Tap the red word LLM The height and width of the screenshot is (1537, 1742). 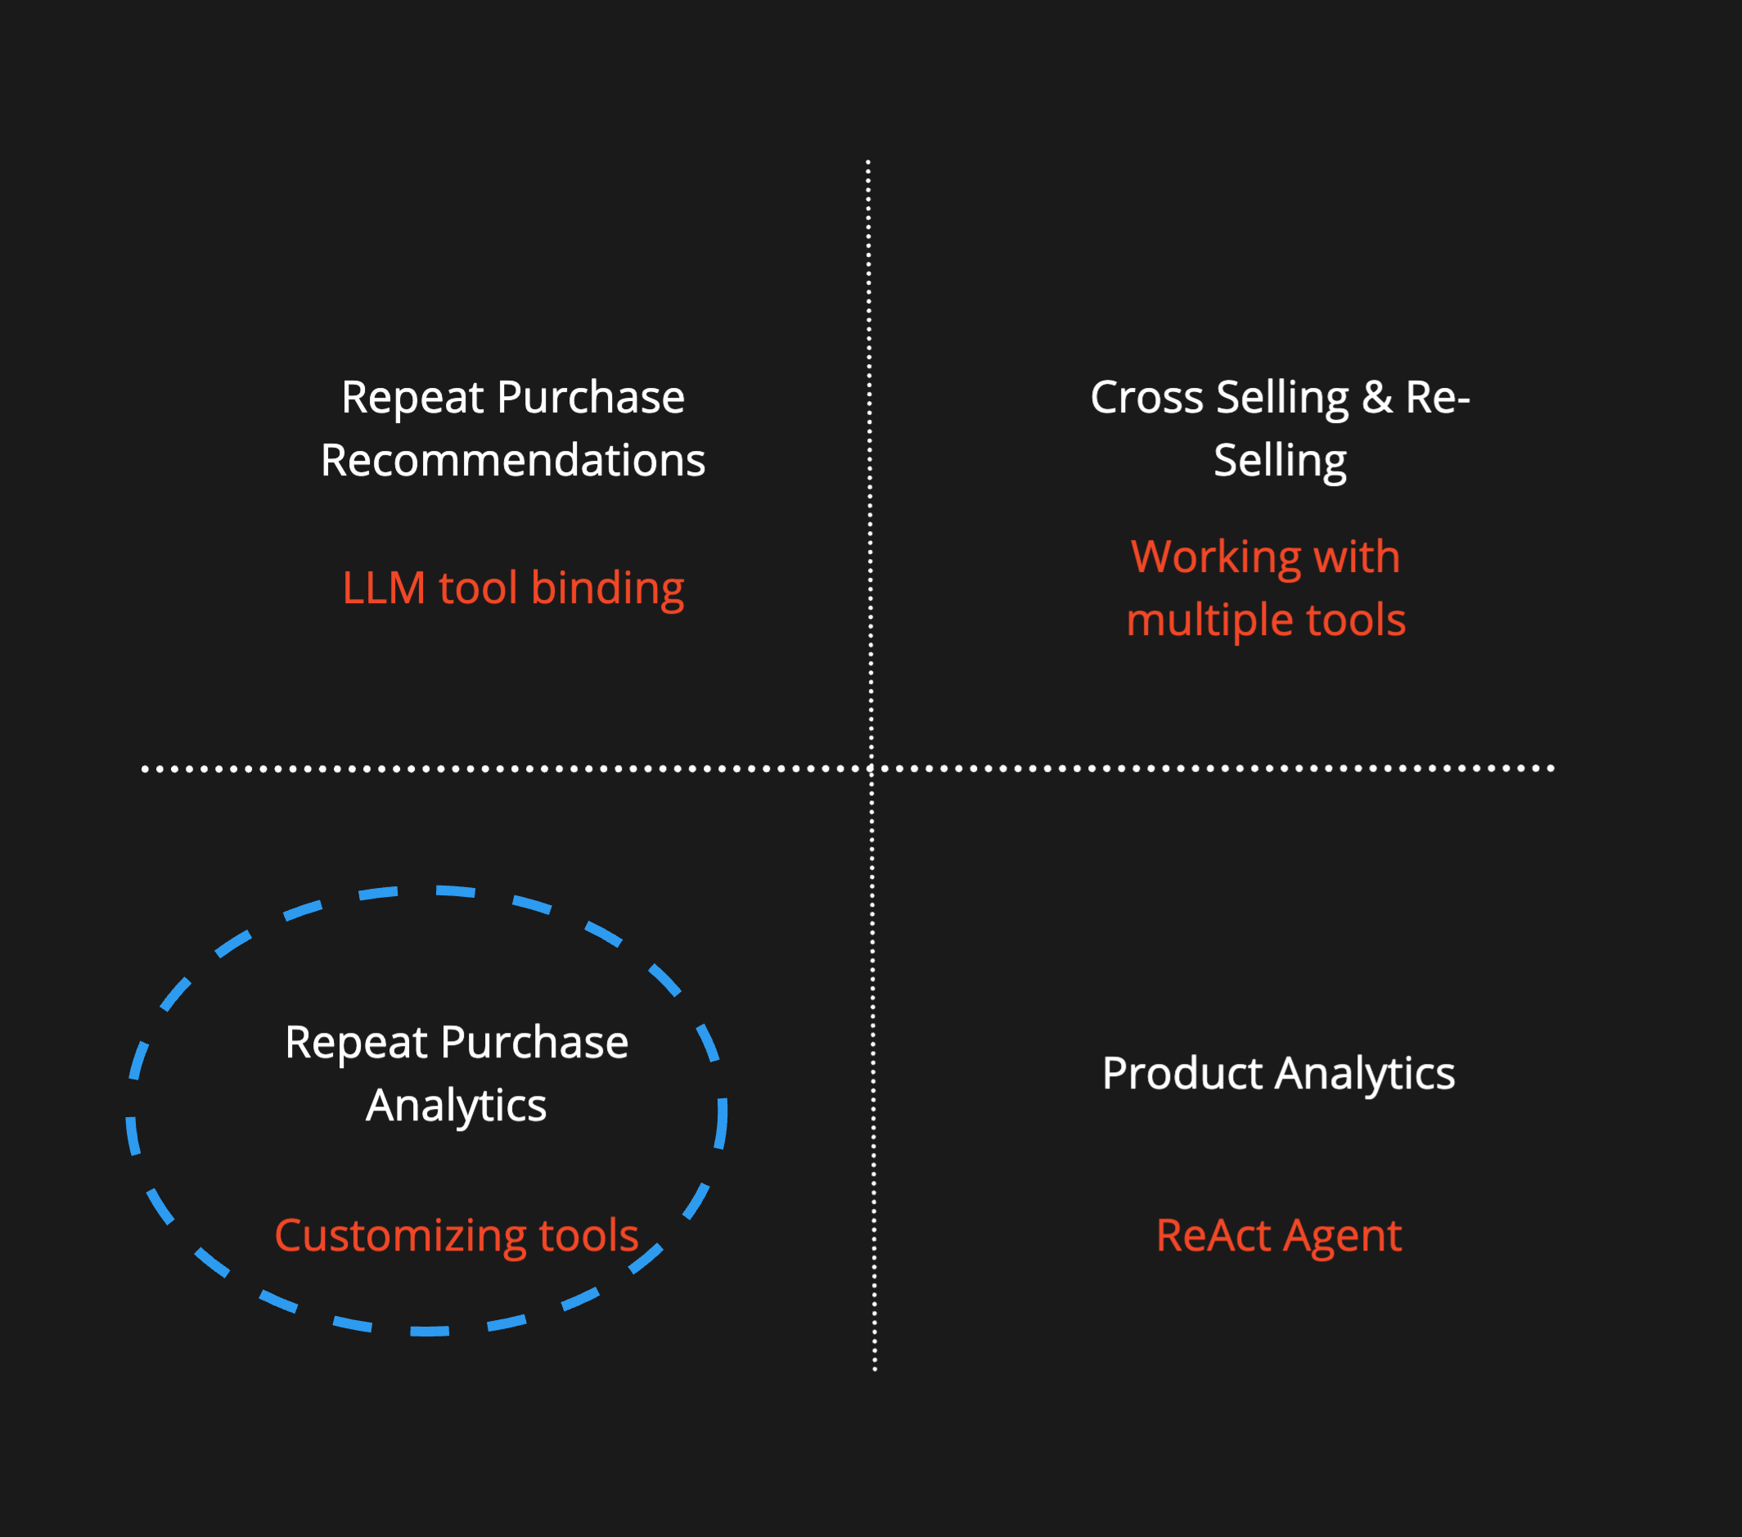point(384,588)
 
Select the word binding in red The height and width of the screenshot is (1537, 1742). point(607,588)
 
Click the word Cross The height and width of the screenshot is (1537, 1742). point(1146,397)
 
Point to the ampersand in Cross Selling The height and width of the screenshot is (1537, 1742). point(1376,397)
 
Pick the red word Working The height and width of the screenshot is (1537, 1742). point(1215,557)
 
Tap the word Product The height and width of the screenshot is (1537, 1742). point(1182,1073)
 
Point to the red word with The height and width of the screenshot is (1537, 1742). point(1357,557)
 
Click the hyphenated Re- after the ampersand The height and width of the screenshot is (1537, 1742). point(1438,397)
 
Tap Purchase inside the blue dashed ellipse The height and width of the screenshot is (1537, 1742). point(534,1043)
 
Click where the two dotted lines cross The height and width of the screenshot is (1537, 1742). point(871,768)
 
